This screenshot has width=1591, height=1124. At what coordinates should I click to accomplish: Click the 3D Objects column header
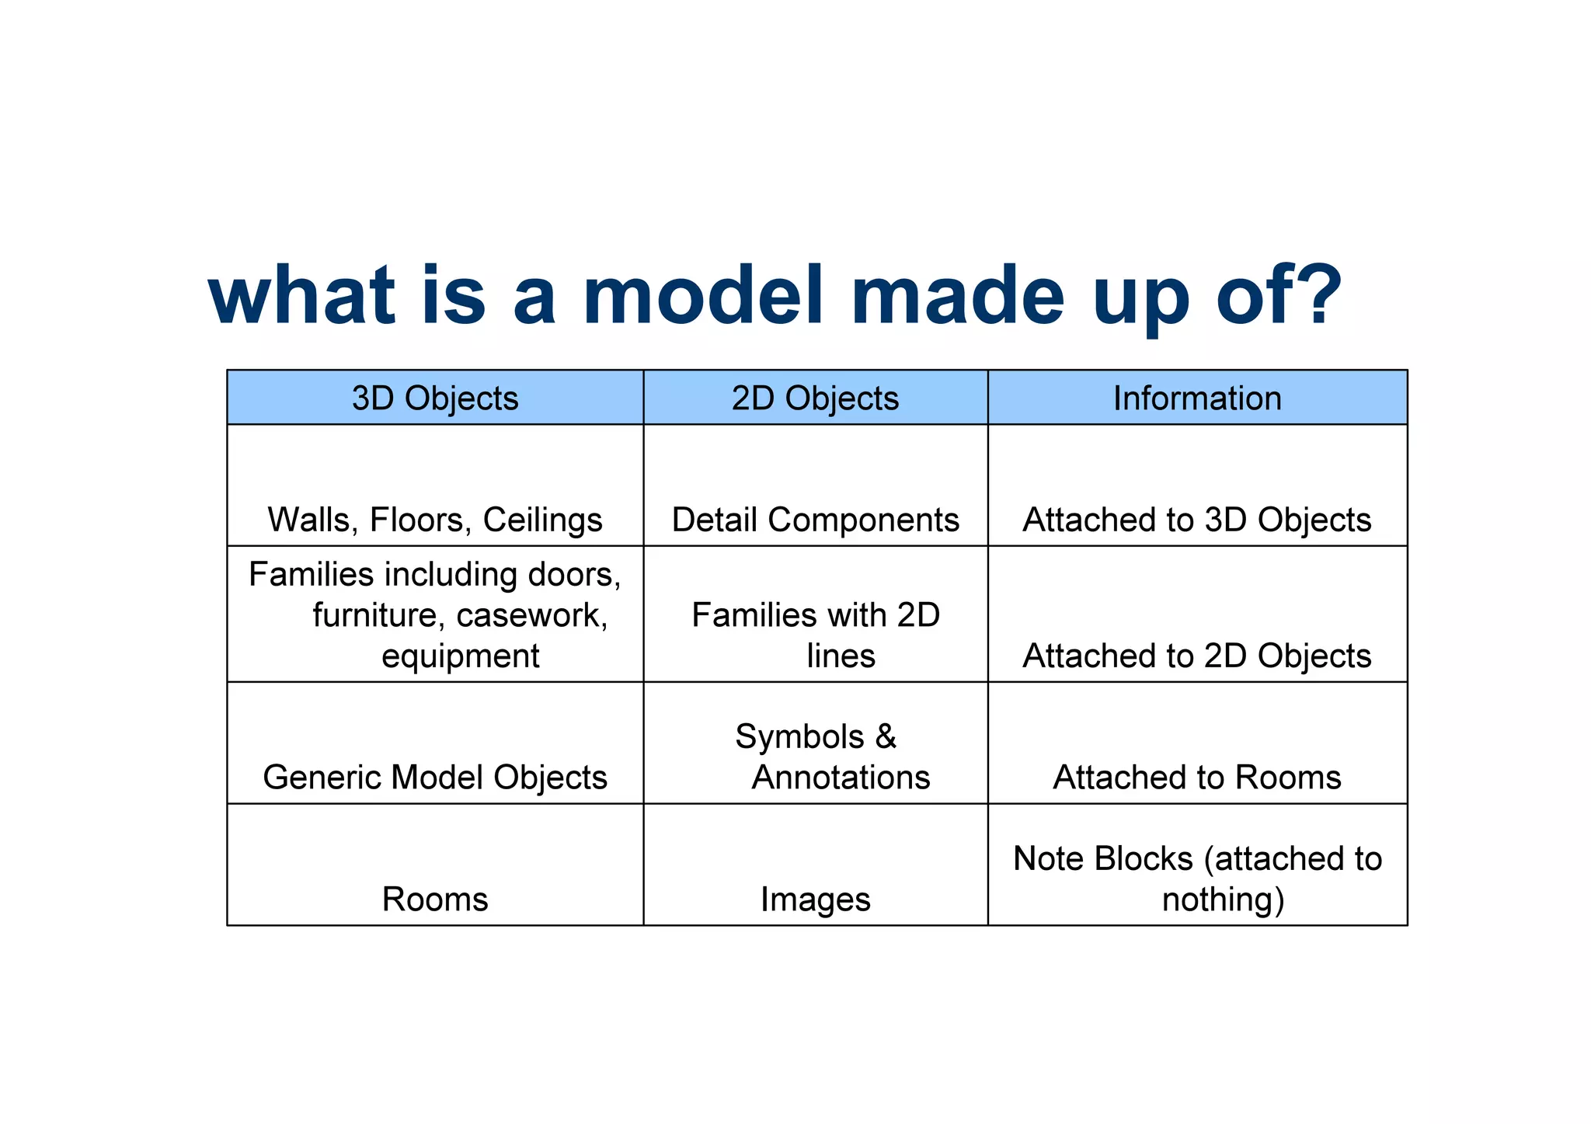[x=435, y=398]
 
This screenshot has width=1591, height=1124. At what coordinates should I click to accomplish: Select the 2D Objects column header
[x=815, y=398]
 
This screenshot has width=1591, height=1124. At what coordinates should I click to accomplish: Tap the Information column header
[x=1197, y=398]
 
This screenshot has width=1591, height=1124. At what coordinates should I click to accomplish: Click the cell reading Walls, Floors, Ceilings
[x=435, y=520]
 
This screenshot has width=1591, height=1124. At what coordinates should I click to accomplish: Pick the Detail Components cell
[x=815, y=520]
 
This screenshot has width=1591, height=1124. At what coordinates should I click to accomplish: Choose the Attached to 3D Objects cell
[x=1197, y=520]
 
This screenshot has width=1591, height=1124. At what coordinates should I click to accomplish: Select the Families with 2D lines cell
[x=816, y=635]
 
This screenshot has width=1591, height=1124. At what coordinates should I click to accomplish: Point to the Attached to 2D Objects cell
[x=1197, y=656]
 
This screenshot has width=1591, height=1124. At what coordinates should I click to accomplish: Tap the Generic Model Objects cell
[x=435, y=777]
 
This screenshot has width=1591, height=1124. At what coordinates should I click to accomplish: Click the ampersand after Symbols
[x=886, y=736]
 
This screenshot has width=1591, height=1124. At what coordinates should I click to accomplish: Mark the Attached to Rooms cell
[x=1197, y=777]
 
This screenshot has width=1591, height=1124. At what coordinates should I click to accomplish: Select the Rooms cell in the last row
[x=435, y=899]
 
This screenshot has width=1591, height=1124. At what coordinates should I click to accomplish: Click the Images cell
[x=815, y=899]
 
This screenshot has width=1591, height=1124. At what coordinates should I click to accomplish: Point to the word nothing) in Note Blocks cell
[x=1224, y=900]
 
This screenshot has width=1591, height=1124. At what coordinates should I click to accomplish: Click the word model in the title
[x=702, y=295]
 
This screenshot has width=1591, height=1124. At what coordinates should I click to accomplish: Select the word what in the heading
[x=303, y=295]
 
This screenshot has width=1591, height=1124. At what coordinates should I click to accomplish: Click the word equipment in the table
[x=461, y=656]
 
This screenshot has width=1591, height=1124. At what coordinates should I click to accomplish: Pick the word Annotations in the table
[x=841, y=777]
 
